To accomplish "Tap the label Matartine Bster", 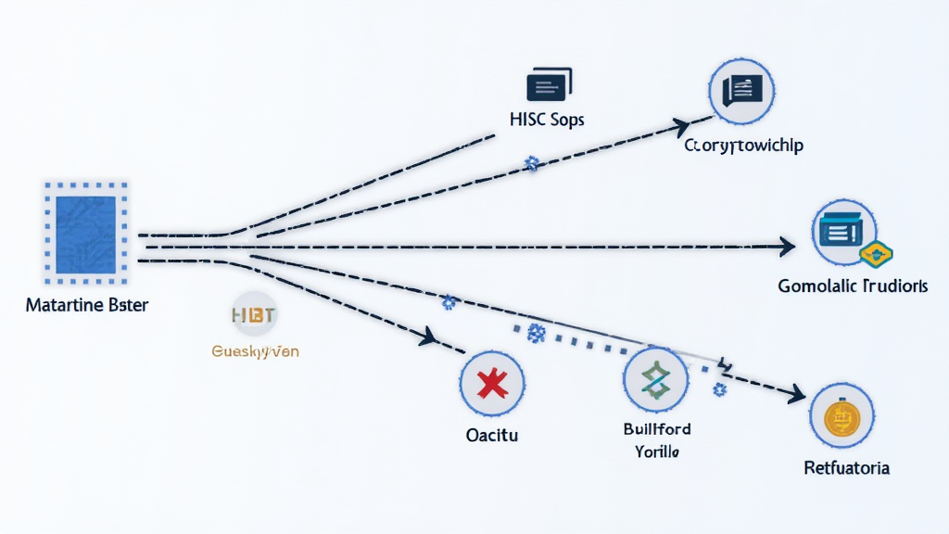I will [86, 305].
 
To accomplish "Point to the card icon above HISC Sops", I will [548, 85].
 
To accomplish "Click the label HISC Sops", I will [547, 121].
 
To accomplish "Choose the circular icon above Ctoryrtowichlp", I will [741, 90].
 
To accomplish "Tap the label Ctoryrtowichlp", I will [744, 146].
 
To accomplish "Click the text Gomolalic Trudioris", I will [853, 287].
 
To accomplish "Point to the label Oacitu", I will [492, 434].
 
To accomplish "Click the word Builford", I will [657, 429].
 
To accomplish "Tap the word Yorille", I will [657, 452].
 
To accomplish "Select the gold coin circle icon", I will [842, 417].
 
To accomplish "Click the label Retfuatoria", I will [846, 468].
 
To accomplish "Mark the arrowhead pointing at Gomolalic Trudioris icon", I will [787, 247].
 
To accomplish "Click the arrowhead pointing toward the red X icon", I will [428, 337].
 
